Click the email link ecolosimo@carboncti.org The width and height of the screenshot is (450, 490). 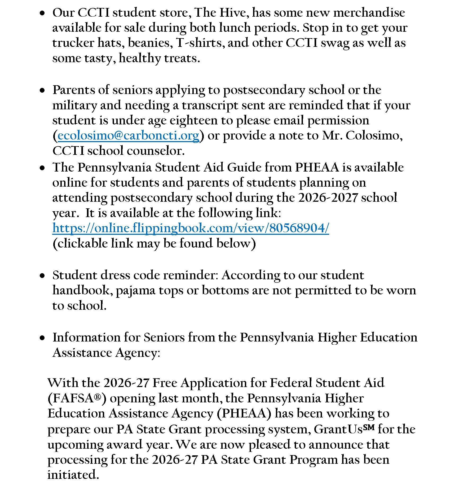tap(128, 136)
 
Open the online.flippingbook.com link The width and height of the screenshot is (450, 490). tap(191, 228)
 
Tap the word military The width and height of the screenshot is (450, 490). tap(75, 106)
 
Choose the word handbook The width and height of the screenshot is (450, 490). tap(83, 290)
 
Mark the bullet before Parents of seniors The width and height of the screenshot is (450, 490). tap(42, 91)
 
